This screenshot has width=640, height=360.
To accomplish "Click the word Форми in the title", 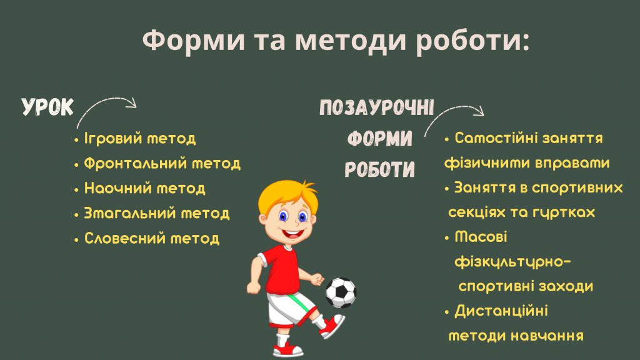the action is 194,41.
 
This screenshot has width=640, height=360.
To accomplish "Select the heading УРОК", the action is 47,107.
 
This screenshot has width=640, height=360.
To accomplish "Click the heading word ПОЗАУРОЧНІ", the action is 376,107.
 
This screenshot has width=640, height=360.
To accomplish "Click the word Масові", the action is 481,237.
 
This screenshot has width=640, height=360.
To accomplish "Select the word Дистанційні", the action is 501,311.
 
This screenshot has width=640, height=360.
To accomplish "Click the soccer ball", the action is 341,292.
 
